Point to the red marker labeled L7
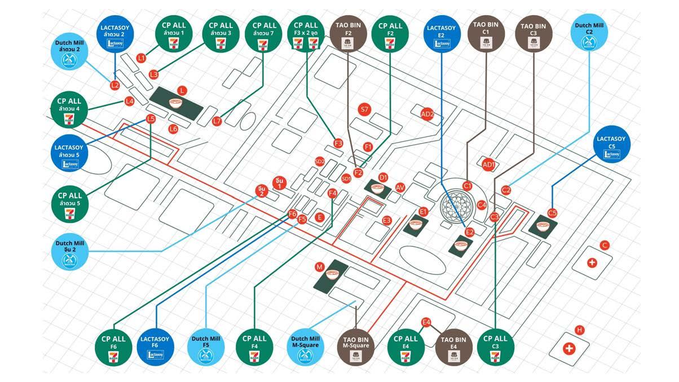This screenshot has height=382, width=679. click(x=217, y=121)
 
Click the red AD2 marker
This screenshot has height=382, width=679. click(x=427, y=114)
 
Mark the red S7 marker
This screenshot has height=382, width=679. click(x=364, y=110)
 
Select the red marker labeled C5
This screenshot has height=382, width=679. click(x=552, y=213)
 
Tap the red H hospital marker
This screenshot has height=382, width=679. click(x=579, y=330)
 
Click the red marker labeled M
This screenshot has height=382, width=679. click(x=319, y=266)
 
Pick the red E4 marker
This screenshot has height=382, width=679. click(x=427, y=322)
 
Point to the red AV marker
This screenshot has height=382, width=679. click(x=400, y=187)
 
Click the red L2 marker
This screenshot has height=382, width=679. click(x=115, y=86)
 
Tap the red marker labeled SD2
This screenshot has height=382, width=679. click(x=320, y=162)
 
